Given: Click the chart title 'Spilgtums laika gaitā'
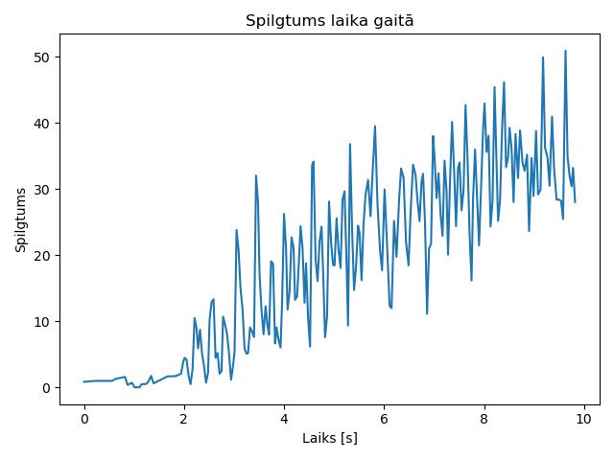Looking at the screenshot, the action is (330, 21).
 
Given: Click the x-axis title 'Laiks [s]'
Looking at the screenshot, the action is (330, 438).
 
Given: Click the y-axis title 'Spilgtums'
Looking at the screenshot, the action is (21, 220).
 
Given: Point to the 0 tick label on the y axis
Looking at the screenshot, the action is (46, 388).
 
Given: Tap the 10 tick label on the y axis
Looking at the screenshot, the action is (41, 322).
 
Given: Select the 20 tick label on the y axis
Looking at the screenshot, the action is (41, 256).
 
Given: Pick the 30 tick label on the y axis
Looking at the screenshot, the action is (41, 190).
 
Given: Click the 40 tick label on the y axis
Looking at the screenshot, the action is (41, 124).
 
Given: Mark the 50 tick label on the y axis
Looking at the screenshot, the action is (41, 57).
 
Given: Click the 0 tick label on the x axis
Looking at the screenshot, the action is (84, 419).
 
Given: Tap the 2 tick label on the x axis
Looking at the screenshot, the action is (184, 419).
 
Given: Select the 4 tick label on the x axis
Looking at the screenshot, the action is (284, 419).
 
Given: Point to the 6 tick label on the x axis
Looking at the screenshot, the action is (384, 419).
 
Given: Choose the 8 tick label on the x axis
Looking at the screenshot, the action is (484, 419).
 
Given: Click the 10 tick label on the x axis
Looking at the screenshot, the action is (584, 419).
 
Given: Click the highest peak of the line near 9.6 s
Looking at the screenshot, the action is (565, 51).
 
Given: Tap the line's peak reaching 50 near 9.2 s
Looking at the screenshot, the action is (543, 57).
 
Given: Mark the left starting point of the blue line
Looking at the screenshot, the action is (83, 381).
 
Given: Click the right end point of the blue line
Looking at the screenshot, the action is (576, 202).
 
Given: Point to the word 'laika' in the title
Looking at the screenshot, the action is (345, 21).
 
